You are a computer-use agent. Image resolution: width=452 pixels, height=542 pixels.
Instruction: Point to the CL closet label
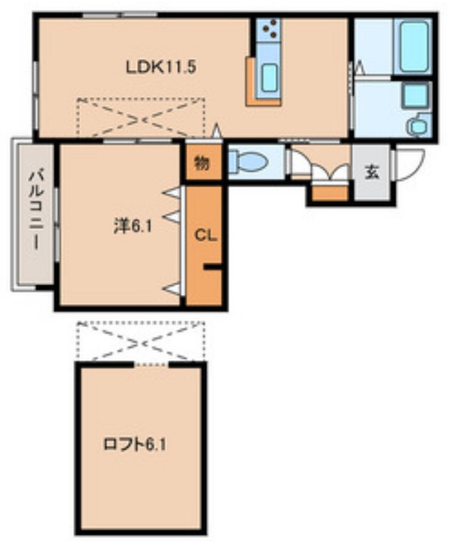(205, 235)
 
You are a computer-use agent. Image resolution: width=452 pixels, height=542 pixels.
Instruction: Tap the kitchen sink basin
(269, 77)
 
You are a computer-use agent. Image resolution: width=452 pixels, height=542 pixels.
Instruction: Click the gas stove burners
(270, 29)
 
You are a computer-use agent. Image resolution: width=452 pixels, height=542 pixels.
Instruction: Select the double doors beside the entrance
(320, 170)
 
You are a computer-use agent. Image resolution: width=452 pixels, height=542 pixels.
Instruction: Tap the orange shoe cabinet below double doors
(329, 193)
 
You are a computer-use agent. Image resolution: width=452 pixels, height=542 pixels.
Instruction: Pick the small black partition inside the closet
(212, 266)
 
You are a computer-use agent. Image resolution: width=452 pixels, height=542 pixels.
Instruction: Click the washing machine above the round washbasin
(416, 95)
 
